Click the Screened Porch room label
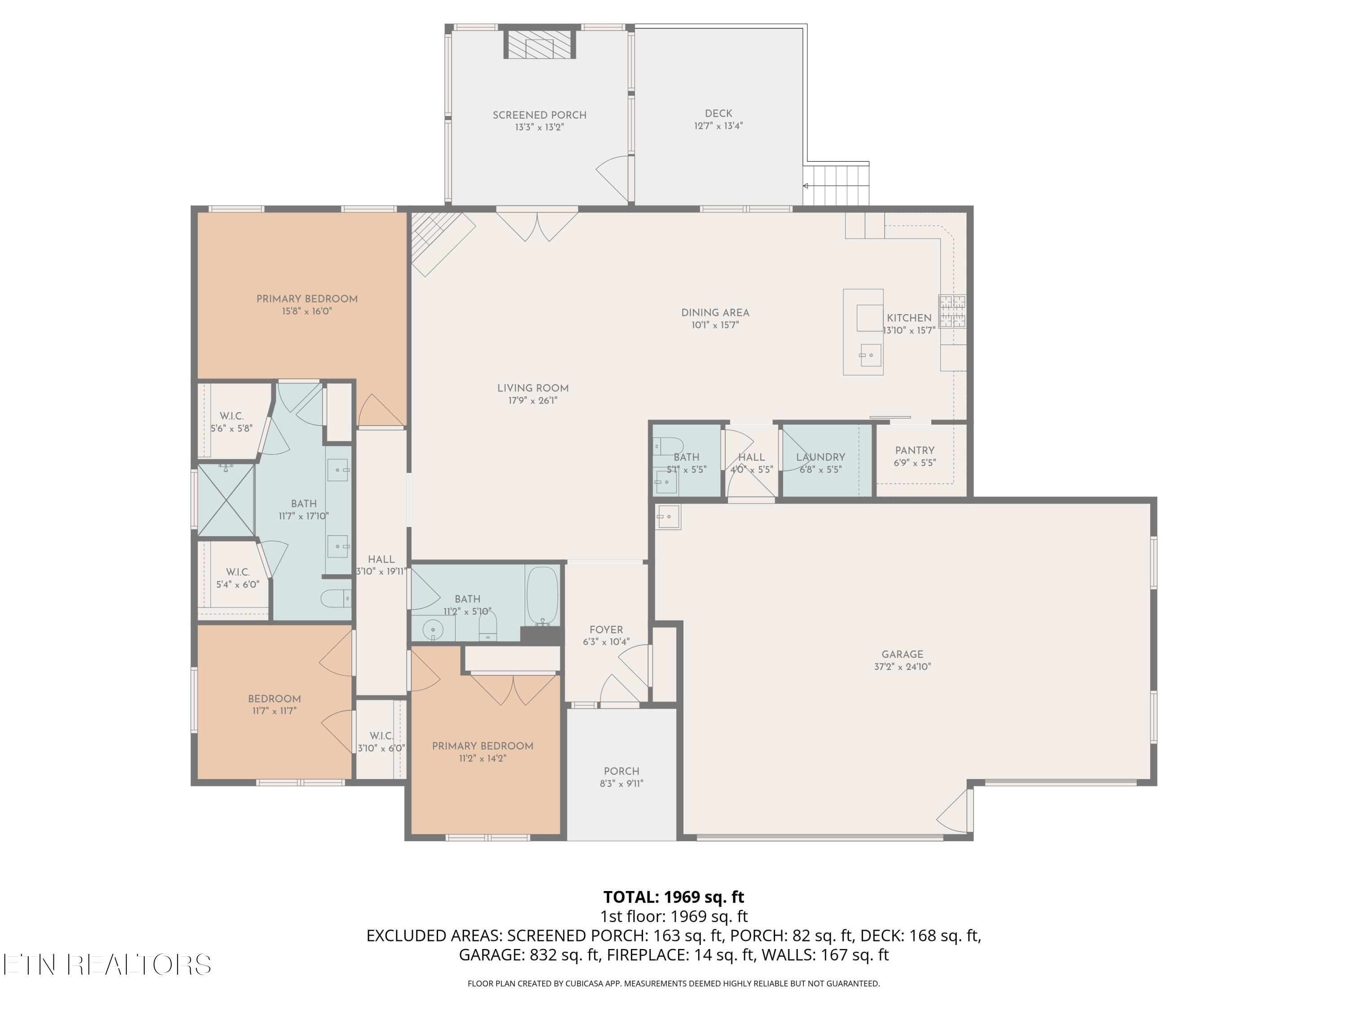(539, 115)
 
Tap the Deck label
(718, 113)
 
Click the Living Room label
(532, 388)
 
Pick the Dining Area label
(715, 313)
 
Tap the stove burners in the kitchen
(952, 311)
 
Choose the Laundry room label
(820, 457)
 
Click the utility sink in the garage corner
(668, 517)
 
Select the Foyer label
(606, 630)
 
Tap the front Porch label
(621, 771)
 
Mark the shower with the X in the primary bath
(226, 500)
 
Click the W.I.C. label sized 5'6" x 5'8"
(231, 416)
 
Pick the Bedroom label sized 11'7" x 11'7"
(274, 699)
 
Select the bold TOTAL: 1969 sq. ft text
(674, 897)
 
